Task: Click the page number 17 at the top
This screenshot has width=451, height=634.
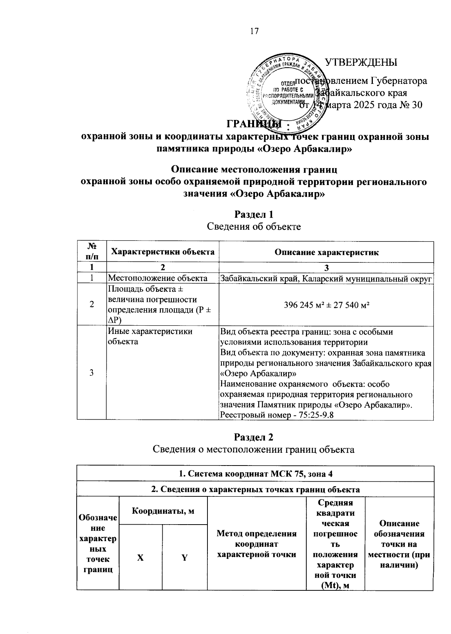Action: coord(254,31)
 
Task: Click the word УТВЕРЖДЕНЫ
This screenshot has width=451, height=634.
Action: coord(361,62)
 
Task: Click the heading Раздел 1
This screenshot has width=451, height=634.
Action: coord(254,214)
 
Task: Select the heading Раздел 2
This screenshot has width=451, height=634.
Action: coord(254,437)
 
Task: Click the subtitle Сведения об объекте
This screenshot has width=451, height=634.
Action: coord(254,226)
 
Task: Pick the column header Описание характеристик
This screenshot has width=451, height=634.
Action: coord(326,252)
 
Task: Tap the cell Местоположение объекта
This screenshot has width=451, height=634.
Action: coord(158,278)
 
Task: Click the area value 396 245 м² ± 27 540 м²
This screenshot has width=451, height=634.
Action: coord(326,305)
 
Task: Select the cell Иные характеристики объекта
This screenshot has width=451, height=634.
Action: coord(150,336)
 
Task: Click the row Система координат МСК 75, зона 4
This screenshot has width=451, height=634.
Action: coord(255,474)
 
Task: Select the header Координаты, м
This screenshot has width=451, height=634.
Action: coord(163,511)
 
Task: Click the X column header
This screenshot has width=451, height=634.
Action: coord(140,557)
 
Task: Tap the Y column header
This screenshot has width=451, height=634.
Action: coord(185,557)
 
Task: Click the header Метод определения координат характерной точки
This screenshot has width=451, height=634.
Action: coord(257,544)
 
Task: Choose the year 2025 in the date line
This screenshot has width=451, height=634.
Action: coord(364,105)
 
